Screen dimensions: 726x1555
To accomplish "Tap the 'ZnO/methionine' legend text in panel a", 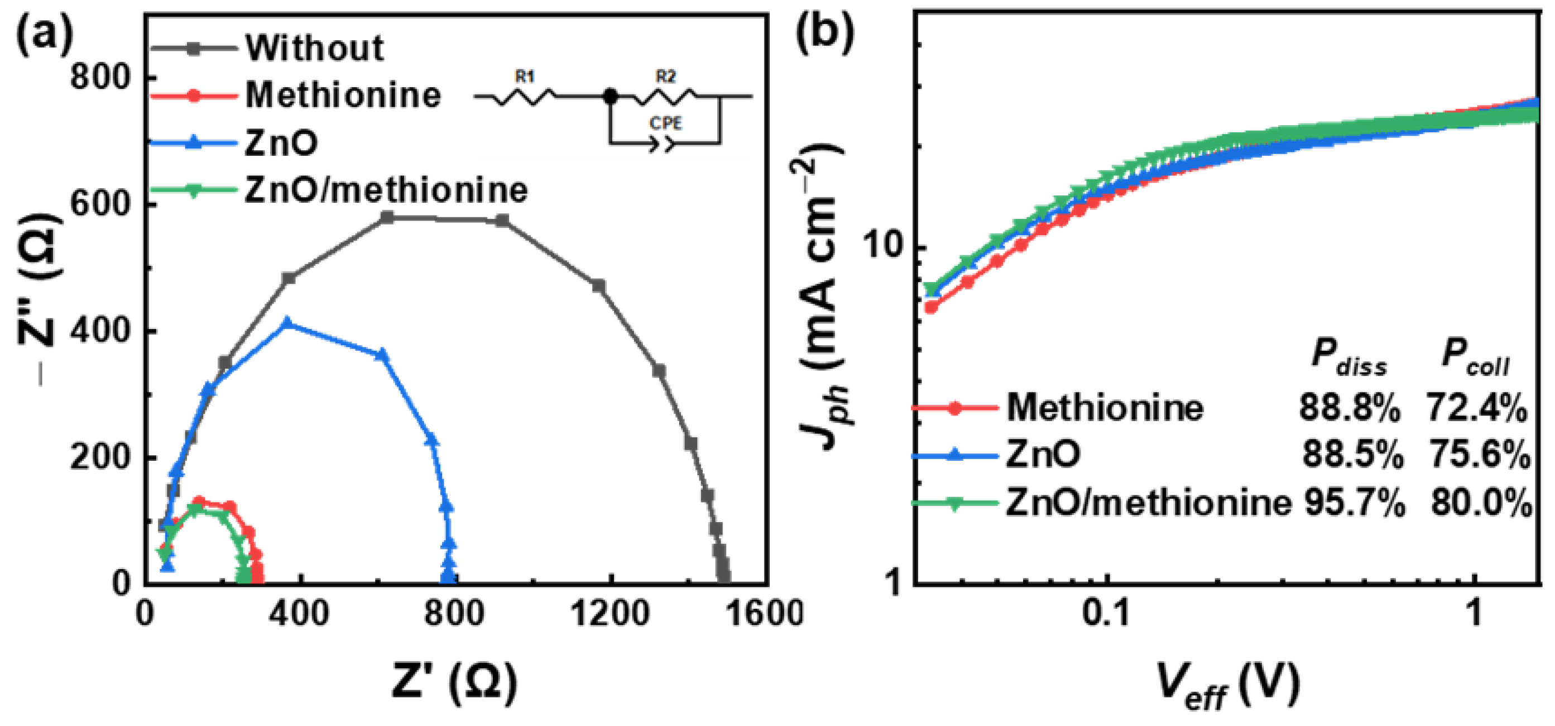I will [x=386, y=190].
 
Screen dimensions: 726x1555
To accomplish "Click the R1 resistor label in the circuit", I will [x=524, y=77].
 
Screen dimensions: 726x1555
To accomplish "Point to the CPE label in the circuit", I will [x=665, y=123].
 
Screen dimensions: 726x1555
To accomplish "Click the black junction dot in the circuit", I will [x=611, y=96].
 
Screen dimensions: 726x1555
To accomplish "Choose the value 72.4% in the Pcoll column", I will [x=1476, y=408].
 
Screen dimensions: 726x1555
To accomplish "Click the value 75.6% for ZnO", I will [x=1479, y=454].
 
